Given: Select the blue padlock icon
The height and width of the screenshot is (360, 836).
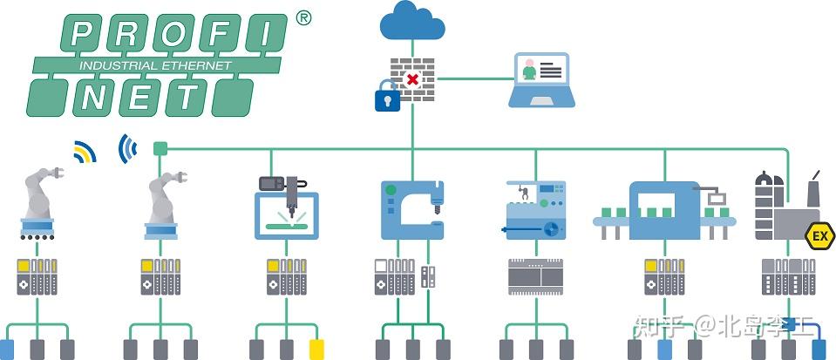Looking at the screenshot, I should (x=387, y=97).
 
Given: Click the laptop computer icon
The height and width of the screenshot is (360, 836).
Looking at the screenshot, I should (x=540, y=80).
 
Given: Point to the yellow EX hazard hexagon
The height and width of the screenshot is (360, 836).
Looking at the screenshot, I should (x=819, y=235).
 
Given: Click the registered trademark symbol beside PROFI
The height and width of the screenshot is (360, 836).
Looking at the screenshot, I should (x=303, y=17).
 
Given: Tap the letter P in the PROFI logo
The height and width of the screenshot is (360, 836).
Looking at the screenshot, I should (x=83, y=34).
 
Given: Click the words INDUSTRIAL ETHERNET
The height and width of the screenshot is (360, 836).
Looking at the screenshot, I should (x=155, y=65).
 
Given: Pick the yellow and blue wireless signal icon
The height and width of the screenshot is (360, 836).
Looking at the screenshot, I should (x=84, y=153).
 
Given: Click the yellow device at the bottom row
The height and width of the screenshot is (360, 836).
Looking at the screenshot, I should (x=317, y=349).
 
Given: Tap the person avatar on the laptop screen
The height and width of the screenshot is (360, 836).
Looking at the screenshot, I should (x=528, y=69).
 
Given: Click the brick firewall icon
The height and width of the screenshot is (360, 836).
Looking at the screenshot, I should (x=412, y=76).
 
